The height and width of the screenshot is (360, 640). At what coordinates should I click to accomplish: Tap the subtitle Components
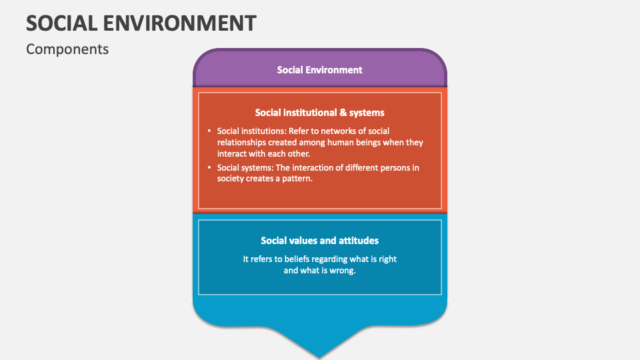(x=67, y=49)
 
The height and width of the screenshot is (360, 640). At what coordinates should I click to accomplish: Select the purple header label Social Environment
(x=319, y=69)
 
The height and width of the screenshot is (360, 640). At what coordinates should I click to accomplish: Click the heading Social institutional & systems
(x=319, y=113)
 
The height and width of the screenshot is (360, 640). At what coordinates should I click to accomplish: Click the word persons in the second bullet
(x=389, y=167)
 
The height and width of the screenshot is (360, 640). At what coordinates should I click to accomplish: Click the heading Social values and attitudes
(x=319, y=241)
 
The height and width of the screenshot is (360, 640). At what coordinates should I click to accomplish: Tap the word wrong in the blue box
(x=343, y=270)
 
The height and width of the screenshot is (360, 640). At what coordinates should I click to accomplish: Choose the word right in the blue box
(x=387, y=259)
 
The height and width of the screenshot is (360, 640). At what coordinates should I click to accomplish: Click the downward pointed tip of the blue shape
(x=320, y=355)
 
